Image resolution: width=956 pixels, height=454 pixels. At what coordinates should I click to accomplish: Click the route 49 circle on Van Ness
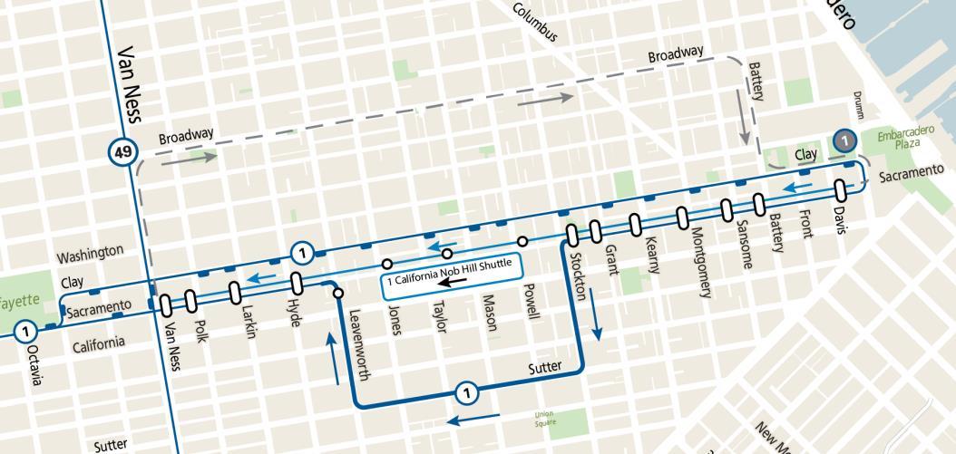click(120, 150)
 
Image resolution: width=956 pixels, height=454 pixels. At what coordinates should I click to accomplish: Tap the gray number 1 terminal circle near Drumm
click(844, 140)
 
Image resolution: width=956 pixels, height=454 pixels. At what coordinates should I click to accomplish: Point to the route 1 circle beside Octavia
click(26, 331)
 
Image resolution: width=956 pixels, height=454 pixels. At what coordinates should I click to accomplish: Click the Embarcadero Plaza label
click(902, 138)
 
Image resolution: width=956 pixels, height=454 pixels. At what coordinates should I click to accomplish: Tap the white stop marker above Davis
click(840, 188)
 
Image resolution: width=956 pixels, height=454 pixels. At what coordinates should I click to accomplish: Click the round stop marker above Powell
click(522, 241)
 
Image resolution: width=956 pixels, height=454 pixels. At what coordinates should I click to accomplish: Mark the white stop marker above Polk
click(190, 299)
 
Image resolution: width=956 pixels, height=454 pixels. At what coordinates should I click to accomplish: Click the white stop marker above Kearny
click(634, 223)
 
